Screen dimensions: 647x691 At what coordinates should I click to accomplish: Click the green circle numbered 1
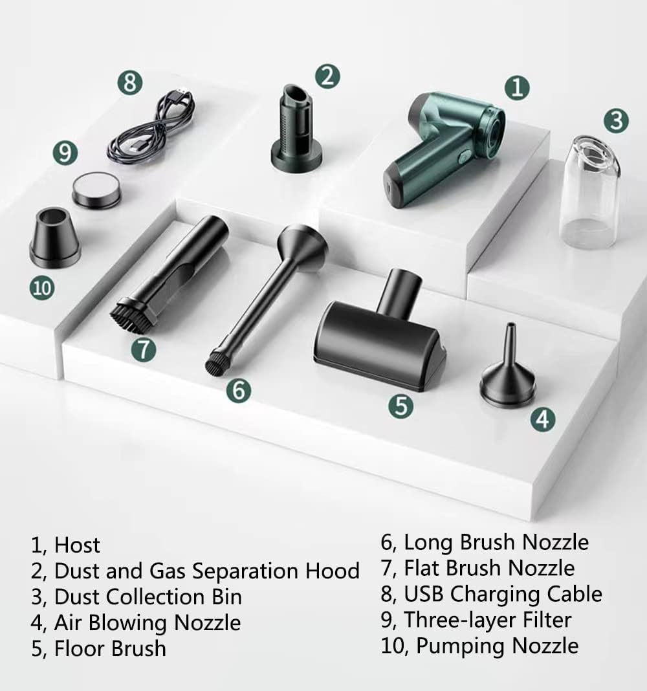[x=517, y=87]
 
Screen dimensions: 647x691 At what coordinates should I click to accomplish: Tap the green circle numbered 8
[x=130, y=82]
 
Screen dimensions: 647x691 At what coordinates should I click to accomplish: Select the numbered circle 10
[x=42, y=288]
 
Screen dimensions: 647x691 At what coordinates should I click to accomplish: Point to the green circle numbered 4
[x=543, y=419]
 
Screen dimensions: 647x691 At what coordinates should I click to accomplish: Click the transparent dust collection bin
[x=591, y=192]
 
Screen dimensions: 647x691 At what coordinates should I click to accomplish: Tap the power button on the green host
[x=463, y=158]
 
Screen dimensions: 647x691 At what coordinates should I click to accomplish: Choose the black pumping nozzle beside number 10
[x=55, y=238]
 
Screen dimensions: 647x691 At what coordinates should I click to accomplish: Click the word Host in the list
[x=77, y=545]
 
